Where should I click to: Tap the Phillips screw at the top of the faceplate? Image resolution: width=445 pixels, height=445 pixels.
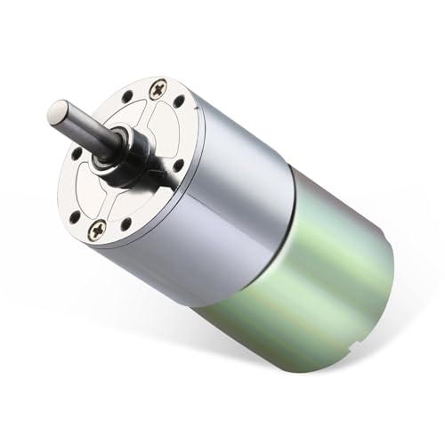[158, 88]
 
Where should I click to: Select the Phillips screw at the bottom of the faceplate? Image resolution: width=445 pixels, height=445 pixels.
[97, 229]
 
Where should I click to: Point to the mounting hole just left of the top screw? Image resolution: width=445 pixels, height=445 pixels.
[127, 95]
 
